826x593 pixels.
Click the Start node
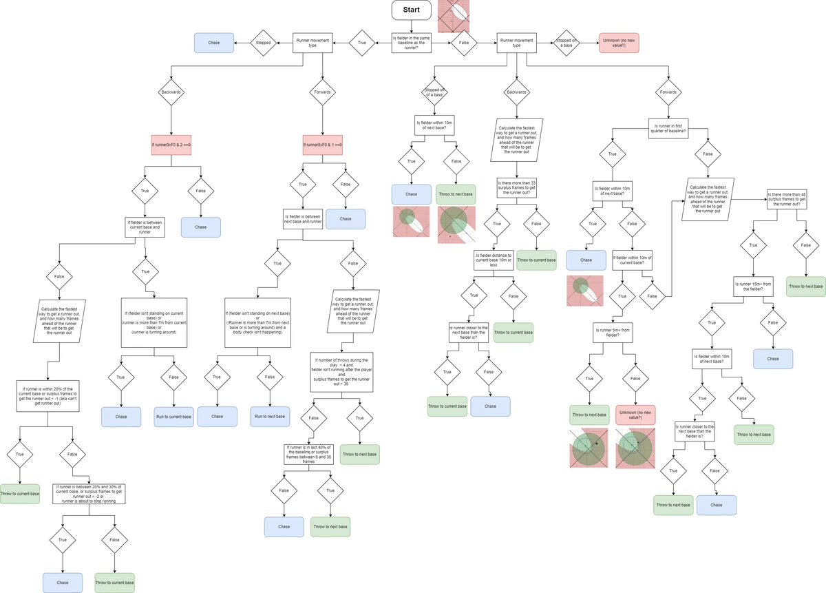click(411, 10)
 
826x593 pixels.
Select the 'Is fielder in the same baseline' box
click(411, 43)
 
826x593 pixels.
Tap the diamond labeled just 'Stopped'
click(264, 43)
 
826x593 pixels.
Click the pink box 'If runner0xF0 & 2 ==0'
click(171, 145)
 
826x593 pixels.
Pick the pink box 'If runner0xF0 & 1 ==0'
click(322, 145)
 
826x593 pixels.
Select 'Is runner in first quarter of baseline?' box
click(668, 128)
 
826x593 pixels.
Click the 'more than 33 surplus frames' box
click(516, 188)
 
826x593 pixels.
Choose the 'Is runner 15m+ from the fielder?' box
click(753, 287)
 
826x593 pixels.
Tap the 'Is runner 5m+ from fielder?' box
click(613, 333)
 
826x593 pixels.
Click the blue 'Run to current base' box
click(173, 417)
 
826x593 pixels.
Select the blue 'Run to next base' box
click(270, 417)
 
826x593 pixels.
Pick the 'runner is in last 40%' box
click(308, 454)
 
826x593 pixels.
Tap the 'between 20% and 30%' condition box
click(89, 494)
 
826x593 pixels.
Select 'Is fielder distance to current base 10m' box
click(494, 260)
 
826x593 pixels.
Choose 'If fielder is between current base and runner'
click(145, 227)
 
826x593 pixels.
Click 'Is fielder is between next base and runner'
click(303, 219)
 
